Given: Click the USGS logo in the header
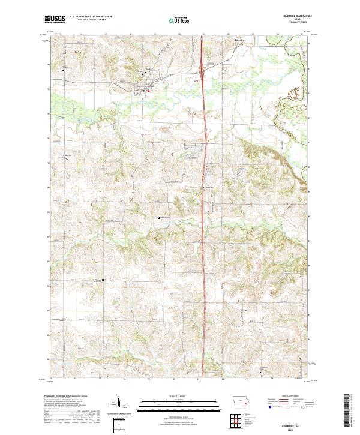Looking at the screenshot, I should click(x=55, y=19).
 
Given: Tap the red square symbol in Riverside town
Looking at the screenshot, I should click(x=148, y=91).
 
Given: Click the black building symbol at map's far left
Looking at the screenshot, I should click(x=64, y=71).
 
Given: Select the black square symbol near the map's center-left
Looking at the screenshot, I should click(x=158, y=218).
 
